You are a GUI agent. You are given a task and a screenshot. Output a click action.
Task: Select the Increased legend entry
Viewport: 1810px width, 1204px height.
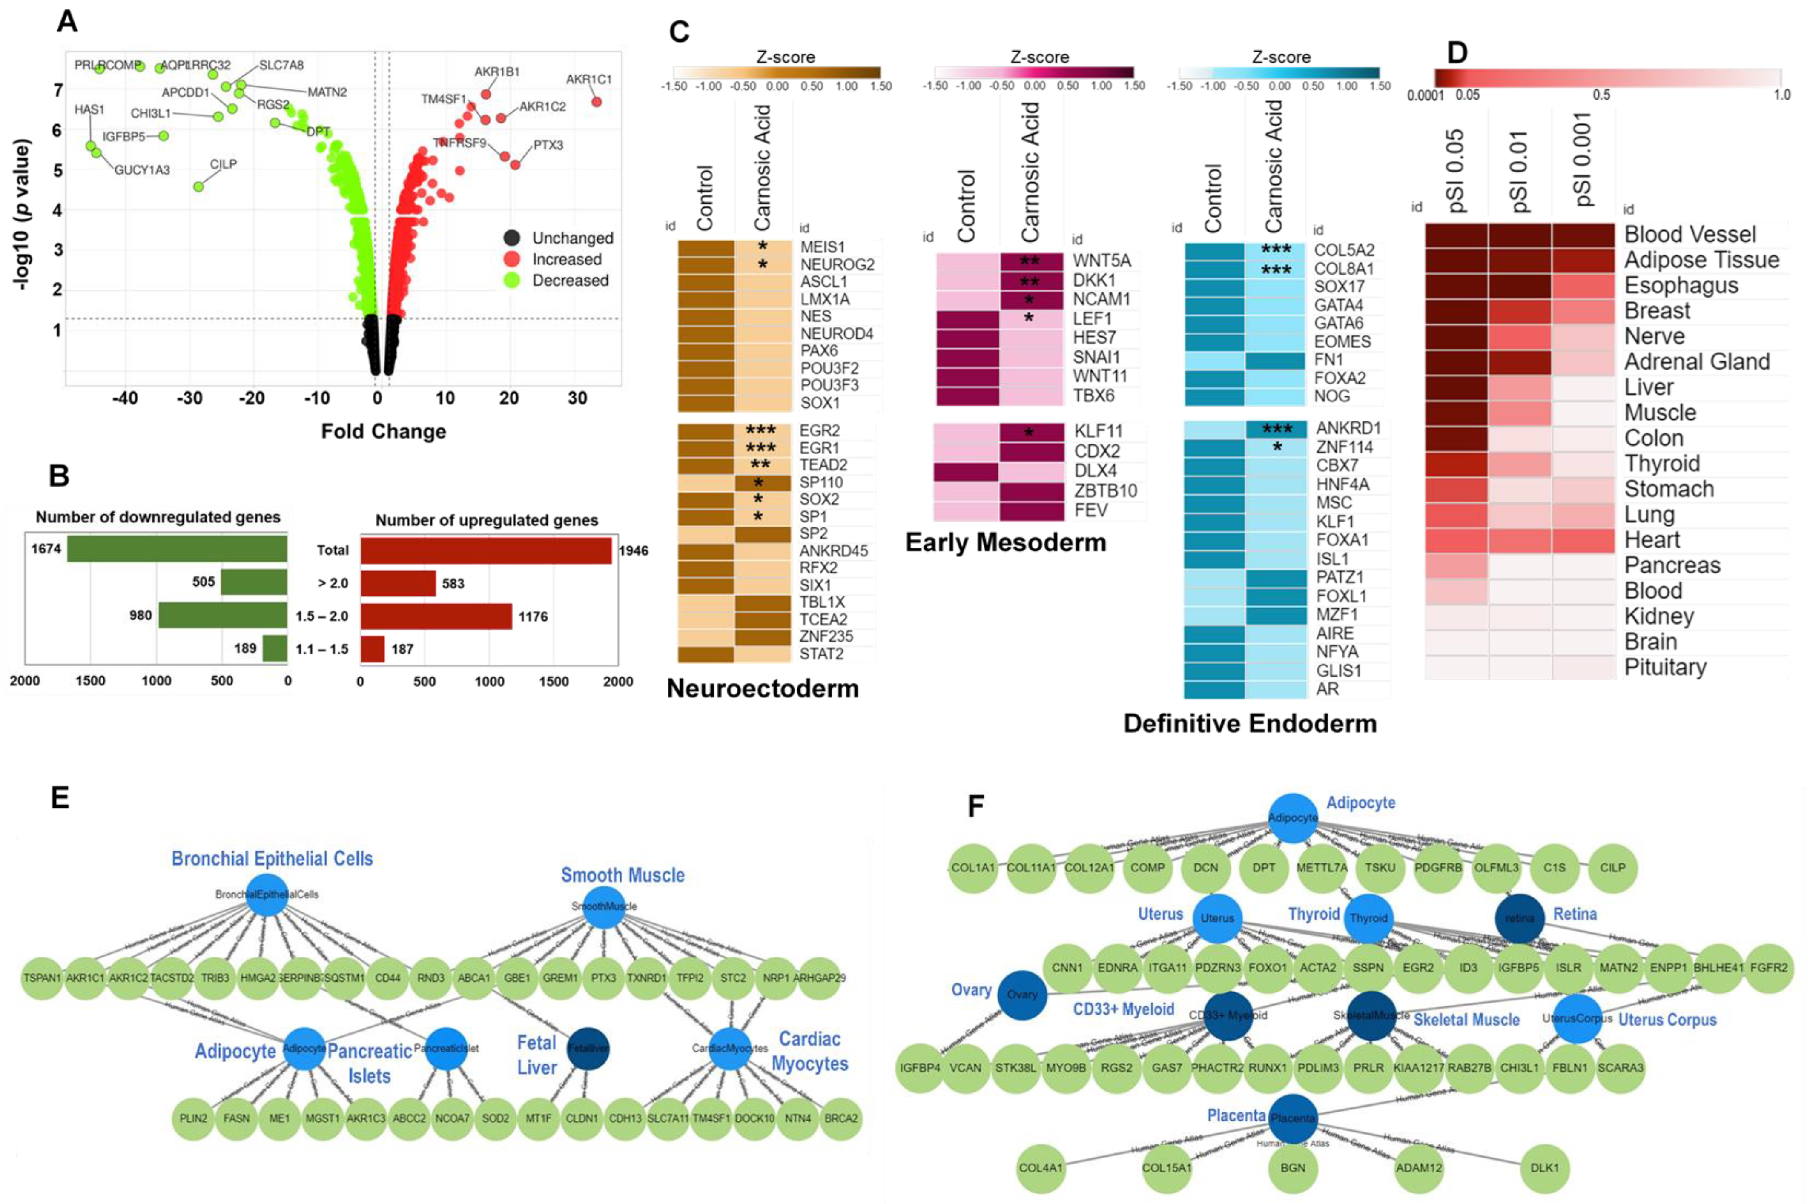[x=567, y=260]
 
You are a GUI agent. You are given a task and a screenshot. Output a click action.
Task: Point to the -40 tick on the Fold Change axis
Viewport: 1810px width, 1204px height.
[x=125, y=398]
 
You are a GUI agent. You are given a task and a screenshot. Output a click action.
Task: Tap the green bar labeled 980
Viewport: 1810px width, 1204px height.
[x=223, y=616]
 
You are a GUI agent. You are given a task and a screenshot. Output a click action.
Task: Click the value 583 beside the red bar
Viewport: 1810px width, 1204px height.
[x=453, y=584]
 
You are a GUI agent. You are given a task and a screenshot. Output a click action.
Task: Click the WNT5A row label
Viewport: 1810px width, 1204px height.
[x=1101, y=261]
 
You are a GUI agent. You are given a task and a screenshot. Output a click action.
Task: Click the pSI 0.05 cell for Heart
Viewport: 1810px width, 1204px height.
[x=1456, y=540]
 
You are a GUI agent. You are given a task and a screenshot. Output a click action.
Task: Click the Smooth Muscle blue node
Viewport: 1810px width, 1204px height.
[x=604, y=906]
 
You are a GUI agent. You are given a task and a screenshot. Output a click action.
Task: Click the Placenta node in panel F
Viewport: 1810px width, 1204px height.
[x=1292, y=1118]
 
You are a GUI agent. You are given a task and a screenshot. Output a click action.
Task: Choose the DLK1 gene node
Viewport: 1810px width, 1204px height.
[x=1544, y=1168]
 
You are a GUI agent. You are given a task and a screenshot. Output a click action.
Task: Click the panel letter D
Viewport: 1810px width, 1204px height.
[x=1456, y=53]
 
